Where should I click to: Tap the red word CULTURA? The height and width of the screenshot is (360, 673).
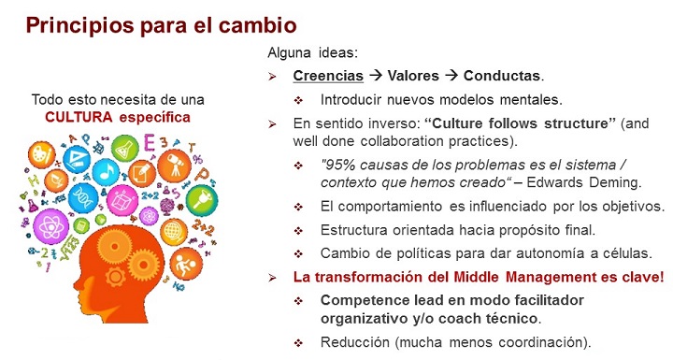79,117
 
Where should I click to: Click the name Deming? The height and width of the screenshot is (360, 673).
613,182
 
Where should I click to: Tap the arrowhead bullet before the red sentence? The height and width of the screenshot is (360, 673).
273,277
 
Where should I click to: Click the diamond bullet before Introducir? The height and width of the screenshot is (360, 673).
299,98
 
